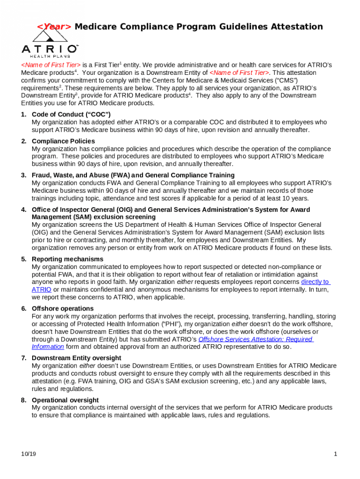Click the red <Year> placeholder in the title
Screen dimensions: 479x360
(54, 27)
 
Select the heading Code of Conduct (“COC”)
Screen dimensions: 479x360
(71, 115)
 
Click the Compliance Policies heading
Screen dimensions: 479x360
(63, 141)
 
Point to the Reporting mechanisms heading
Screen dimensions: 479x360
(67, 259)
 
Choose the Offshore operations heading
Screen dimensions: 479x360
(63, 309)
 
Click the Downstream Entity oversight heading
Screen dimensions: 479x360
(76, 358)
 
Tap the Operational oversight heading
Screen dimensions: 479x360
(65, 400)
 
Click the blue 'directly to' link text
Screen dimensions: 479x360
(315, 282)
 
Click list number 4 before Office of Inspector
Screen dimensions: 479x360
(23, 210)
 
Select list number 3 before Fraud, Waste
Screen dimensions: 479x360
(23, 175)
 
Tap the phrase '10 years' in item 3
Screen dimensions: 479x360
(297, 198)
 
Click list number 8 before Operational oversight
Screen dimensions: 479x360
(23, 400)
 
